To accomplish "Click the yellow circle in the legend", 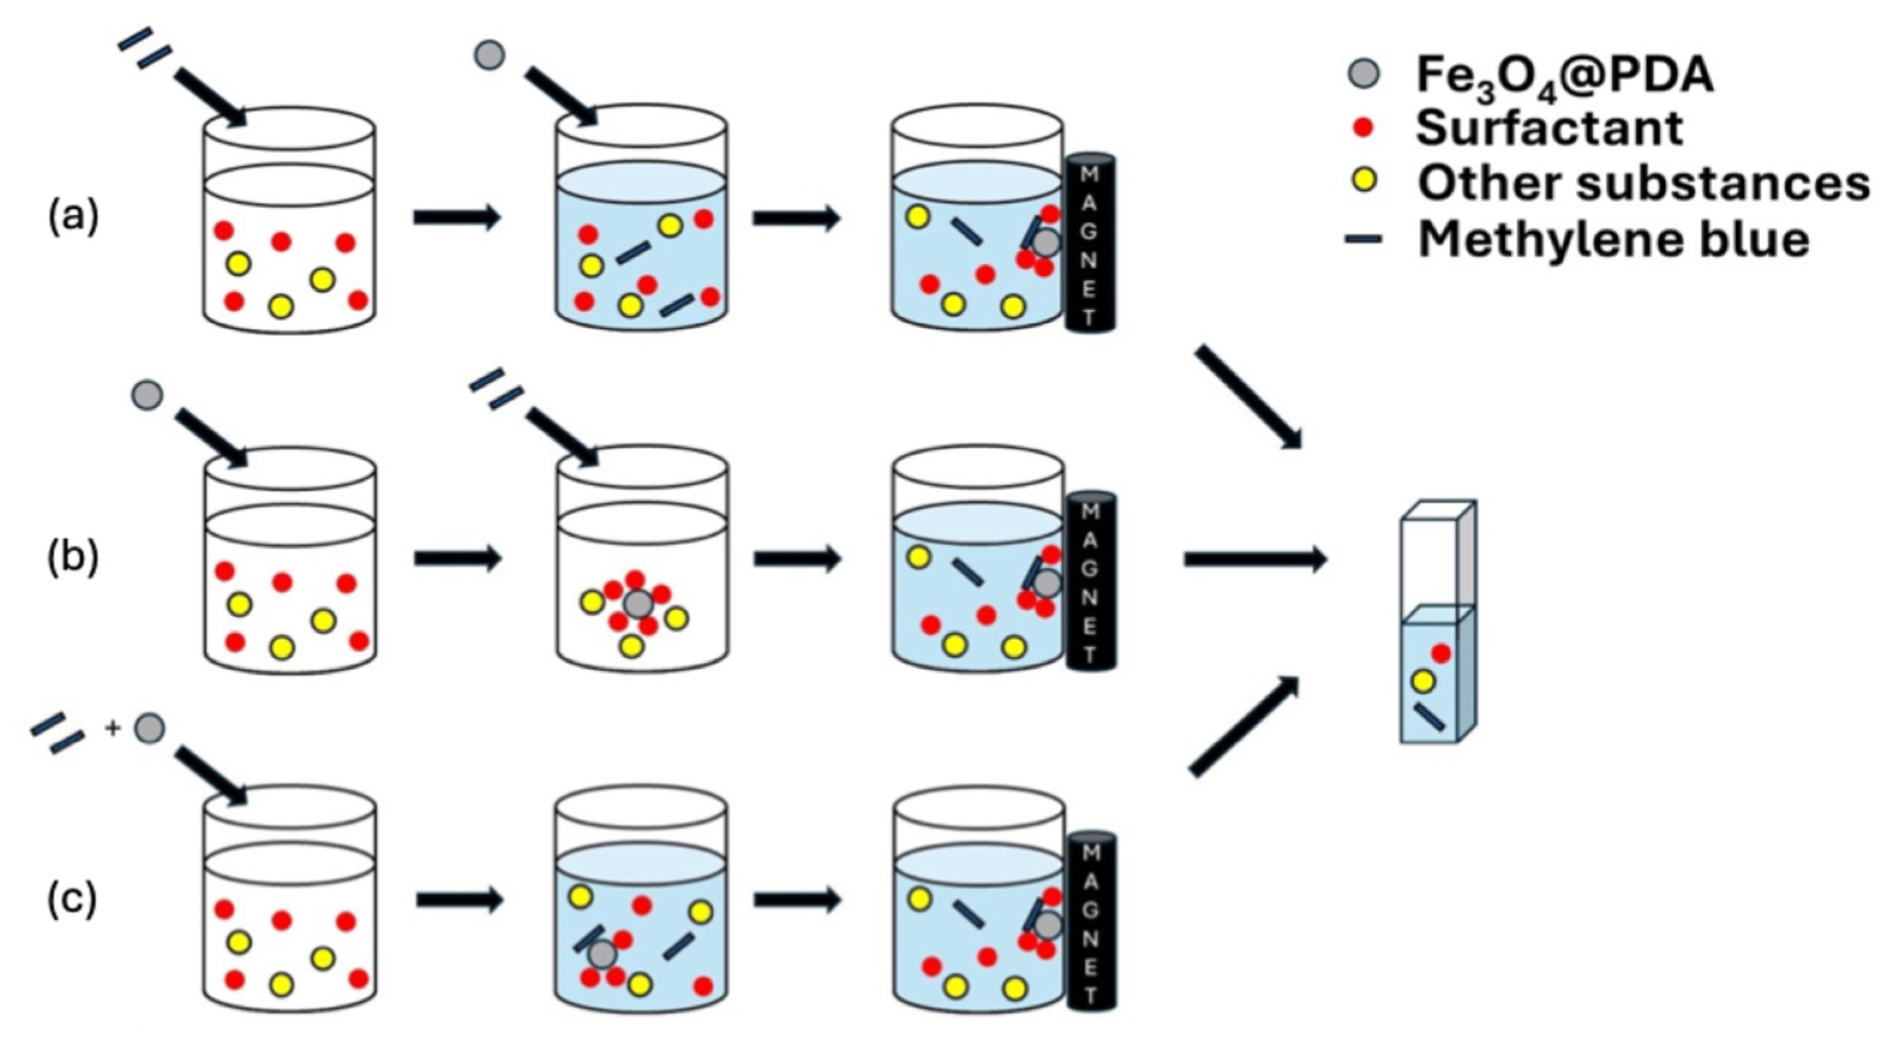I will pyautogui.click(x=1364, y=182).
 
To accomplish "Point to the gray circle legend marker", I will pyautogui.click(x=1364, y=74).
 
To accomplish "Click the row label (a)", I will pyautogui.click(x=73, y=218).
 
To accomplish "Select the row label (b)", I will pyautogui.click(x=73, y=559).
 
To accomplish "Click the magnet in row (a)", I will pyautogui.click(x=1091, y=244).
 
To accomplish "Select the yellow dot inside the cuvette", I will pyautogui.click(x=1424, y=681).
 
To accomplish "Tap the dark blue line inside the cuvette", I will pyautogui.click(x=1429, y=717).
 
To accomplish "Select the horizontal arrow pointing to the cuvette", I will pyautogui.click(x=1254, y=560).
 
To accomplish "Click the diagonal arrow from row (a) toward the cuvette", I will pyautogui.click(x=1247, y=396).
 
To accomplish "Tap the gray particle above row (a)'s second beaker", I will pyautogui.click(x=489, y=55).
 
